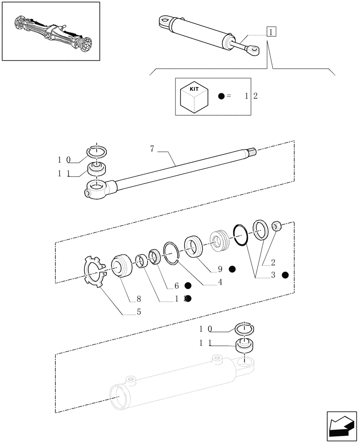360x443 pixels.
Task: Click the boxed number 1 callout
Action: [271, 32]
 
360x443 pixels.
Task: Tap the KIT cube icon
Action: [194, 96]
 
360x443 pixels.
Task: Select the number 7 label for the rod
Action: [152, 149]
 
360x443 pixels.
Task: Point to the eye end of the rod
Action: [98, 190]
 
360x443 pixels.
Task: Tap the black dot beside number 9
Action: [232, 269]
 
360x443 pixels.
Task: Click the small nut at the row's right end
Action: [277, 227]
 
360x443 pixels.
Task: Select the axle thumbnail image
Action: [50, 31]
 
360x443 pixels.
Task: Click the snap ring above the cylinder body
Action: [243, 328]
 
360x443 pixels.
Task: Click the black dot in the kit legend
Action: [222, 96]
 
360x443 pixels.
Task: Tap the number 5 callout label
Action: [139, 312]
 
